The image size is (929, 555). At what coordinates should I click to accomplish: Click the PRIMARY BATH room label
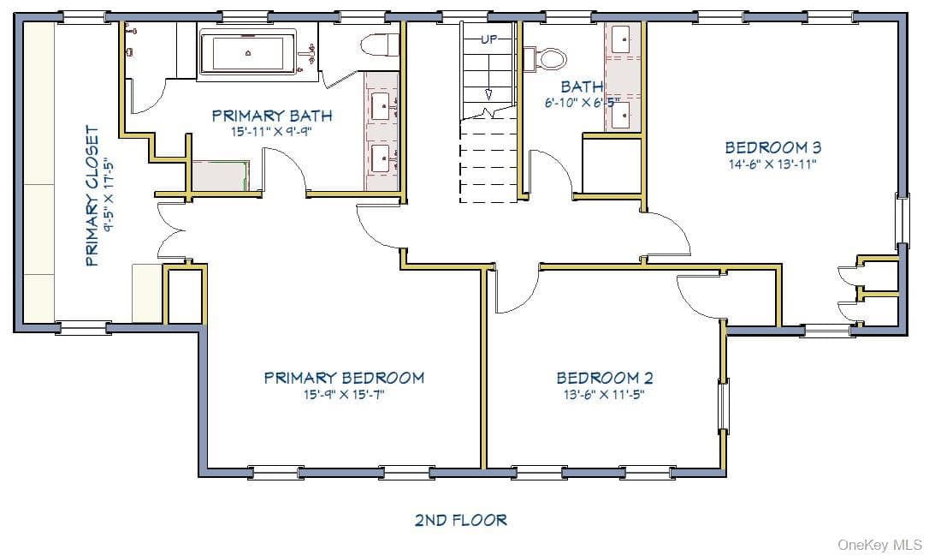point(272,115)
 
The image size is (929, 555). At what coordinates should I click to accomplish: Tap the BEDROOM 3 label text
point(773,147)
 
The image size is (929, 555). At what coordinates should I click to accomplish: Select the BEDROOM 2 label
point(604,378)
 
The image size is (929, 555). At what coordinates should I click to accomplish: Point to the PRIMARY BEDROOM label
point(344,378)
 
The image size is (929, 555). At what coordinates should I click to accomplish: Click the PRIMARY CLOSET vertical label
point(92,195)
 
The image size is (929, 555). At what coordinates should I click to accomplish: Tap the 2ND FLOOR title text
point(461,521)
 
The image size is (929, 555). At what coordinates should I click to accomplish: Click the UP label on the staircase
point(488,39)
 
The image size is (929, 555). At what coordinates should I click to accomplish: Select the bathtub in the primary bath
point(248,52)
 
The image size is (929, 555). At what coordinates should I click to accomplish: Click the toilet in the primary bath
point(380,45)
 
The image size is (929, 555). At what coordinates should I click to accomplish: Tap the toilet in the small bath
point(546,59)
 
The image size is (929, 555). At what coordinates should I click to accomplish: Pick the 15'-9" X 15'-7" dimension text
point(344,395)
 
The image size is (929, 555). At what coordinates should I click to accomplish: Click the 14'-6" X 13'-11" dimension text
point(772,164)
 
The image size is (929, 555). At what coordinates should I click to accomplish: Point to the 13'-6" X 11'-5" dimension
point(604,395)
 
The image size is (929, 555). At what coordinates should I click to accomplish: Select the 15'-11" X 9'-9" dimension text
point(272,132)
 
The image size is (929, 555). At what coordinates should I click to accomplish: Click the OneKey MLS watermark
point(880,545)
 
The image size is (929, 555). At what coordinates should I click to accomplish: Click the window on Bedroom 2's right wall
point(723,406)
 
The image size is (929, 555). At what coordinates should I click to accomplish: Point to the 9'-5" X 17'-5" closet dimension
point(109,195)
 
